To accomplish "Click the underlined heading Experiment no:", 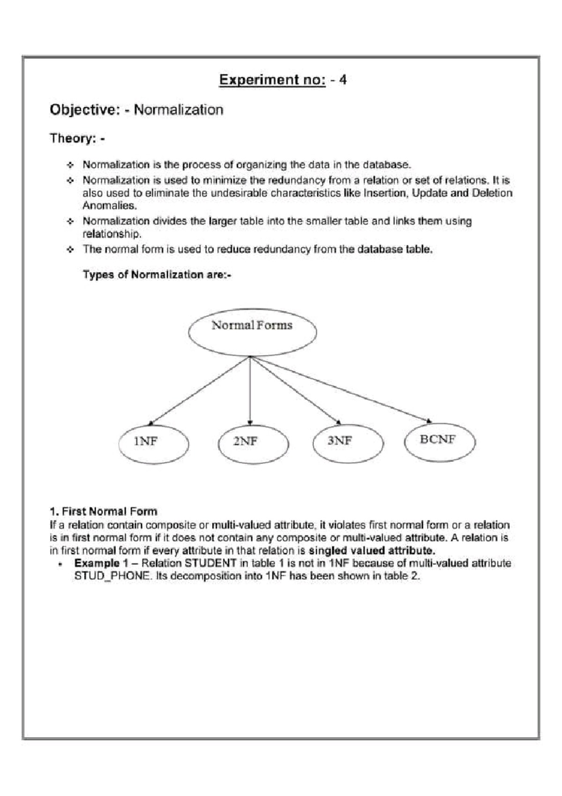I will pyautogui.click(x=272, y=80).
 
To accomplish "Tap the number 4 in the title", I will pyautogui.click(x=343, y=80).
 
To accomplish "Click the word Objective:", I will pyautogui.click(x=85, y=110).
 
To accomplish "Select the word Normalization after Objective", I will pyautogui.click(x=178, y=110).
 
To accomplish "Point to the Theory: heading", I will pyautogui.click(x=77, y=138).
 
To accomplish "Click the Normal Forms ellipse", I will pyautogui.click(x=252, y=332).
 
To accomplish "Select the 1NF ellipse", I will pyautogui.click(x=153, y=443).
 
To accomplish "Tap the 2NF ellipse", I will pyautogui.click(x=253, y=443).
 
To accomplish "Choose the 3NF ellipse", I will pyautogui.click(x=348, y=443).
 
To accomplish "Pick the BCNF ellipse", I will pyautogui.click(x=439, y=442).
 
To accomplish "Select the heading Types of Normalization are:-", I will pyautogui.click(x=157, y=275).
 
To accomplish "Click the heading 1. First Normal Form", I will pyautogui.click(x=103, y=511).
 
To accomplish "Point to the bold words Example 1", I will pyautogui.click(x=101, y=563).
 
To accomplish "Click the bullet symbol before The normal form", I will pyautogui.click(x=70, y=249).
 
